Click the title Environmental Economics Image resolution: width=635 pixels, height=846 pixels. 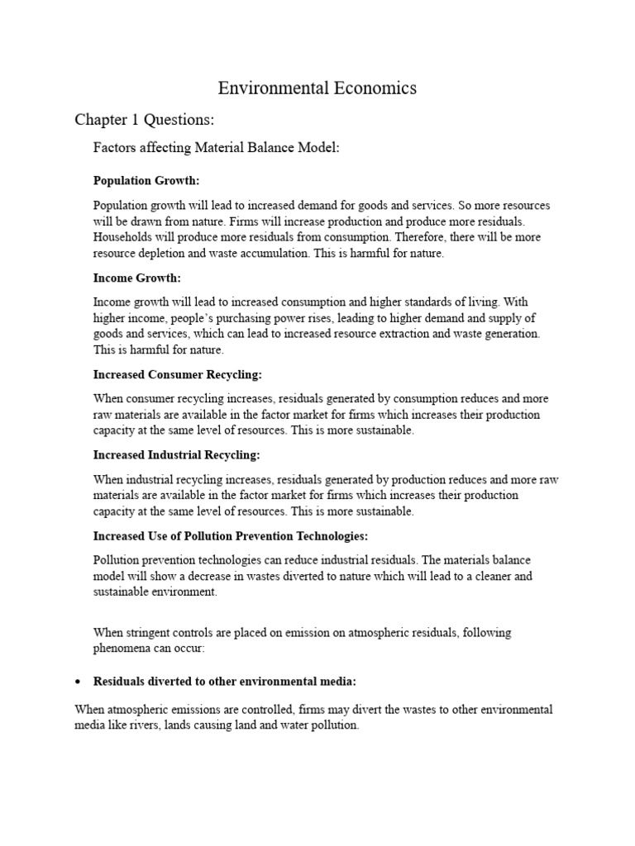pos(317,88)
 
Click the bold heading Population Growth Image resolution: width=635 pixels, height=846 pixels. pos(146,179)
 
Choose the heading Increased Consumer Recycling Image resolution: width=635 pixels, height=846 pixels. pos(177,374)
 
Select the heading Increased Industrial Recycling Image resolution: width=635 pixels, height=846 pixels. pos(176,454)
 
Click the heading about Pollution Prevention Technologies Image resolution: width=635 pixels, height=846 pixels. pos(231,535)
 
